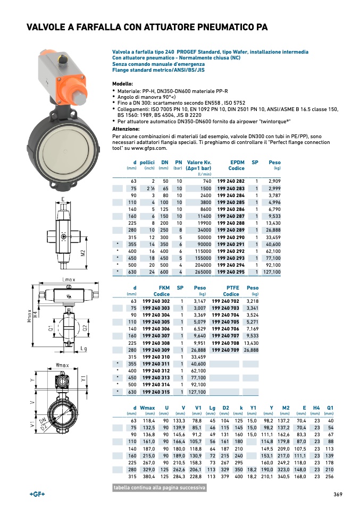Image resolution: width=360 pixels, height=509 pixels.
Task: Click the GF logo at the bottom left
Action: point(37,494)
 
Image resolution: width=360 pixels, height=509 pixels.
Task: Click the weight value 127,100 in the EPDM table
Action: point(271,272)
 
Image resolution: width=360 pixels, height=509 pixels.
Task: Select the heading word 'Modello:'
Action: point(122,84)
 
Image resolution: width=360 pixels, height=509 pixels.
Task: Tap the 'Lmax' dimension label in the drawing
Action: point(68,279)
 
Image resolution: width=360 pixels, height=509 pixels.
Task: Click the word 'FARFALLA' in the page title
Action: point(94,28)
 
